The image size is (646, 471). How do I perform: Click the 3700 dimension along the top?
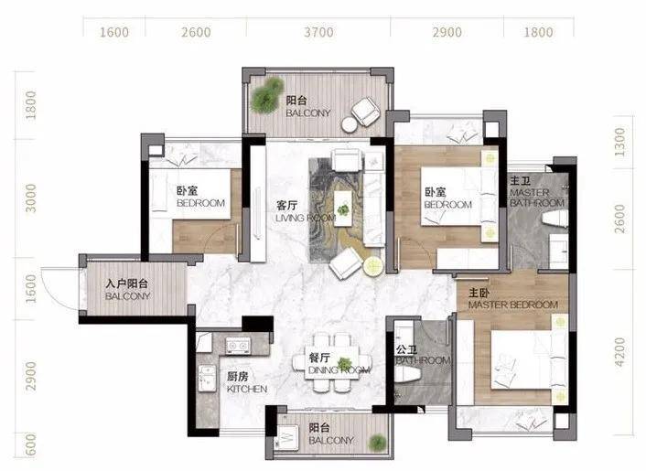(318, 32)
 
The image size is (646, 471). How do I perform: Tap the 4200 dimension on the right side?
(619, 351)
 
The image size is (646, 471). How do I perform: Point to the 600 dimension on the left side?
(31, 444)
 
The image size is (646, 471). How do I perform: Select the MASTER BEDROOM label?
(513, 305)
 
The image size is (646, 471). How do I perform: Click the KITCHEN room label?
(247, 389)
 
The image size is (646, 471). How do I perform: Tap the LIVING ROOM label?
(306, 218)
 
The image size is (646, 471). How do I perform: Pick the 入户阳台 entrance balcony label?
(126, 284)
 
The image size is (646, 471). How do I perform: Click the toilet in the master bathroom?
(554, 219)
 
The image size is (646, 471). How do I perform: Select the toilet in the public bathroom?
(407, 374)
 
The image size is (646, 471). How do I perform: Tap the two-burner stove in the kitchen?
(238, 345)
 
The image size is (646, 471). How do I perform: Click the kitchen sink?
(206, 379)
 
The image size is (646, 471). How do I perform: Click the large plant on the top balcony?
(267, 95)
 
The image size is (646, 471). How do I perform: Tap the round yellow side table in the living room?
(373, 266)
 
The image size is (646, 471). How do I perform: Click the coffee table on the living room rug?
(343, 208)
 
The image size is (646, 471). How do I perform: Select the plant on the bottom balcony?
(377, 442)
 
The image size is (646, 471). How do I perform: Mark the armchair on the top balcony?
(365, 112)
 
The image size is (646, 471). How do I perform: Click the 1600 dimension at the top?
(114, 32)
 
